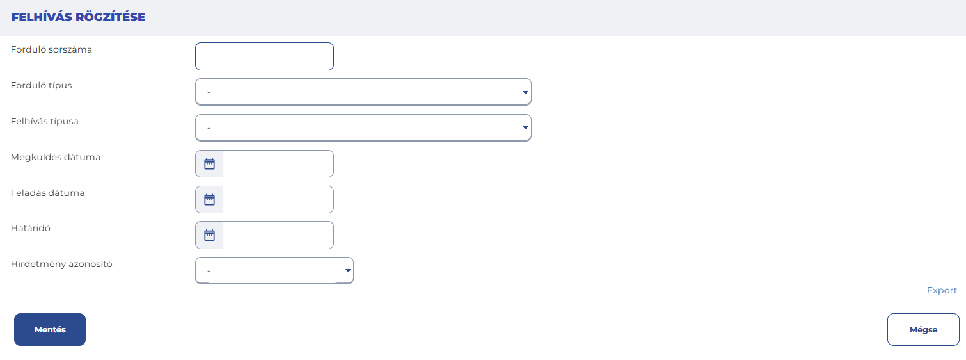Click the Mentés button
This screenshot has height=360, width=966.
tap(50, 329)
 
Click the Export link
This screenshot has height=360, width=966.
tap(942, 290)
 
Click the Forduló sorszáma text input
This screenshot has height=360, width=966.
tap(264, 56)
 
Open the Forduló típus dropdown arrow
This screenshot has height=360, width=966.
tap(525, 92)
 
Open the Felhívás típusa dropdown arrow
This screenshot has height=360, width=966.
tap(525, 127)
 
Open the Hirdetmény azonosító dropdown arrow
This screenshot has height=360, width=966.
tap(348, 271)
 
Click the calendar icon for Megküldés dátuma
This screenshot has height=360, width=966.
tap(210, 163)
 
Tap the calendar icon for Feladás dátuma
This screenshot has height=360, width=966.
tap(210, 199)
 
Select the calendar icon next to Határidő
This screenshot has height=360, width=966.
tap(210, 235)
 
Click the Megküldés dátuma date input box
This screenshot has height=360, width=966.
tap(278, 163)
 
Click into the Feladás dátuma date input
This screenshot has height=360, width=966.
tap(278, 199)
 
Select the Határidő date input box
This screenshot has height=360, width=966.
tap(278, 235)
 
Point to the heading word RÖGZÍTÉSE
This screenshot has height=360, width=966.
tap(111, 17)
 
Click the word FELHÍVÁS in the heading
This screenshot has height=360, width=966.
tap(42, 17)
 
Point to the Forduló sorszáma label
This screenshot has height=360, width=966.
tap(51, 49)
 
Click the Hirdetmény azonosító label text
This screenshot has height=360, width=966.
tap(61, 264)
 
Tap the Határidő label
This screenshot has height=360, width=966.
tap(31, 228)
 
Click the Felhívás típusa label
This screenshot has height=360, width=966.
tap(44, 121)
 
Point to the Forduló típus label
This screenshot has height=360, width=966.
tap(42, 85)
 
